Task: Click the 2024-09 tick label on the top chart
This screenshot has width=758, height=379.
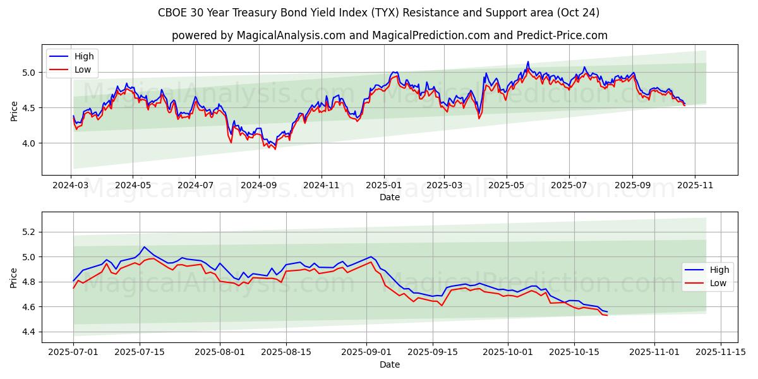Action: (258, 186)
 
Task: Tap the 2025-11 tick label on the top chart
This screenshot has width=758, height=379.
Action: (695, 186)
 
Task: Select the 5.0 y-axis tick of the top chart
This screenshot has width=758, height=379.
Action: (29, 73)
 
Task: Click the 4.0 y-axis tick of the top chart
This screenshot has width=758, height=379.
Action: (29, 143)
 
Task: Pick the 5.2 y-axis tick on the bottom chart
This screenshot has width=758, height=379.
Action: (29, 232)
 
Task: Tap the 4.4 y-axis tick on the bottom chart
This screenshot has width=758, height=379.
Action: (29, 332)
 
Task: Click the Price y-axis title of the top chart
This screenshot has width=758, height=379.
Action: (15, 111)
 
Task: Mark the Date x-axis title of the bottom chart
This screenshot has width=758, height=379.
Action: (390, 364)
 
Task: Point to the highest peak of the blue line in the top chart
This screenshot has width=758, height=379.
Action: (528, 61)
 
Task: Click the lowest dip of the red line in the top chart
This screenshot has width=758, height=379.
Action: (275, 150)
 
